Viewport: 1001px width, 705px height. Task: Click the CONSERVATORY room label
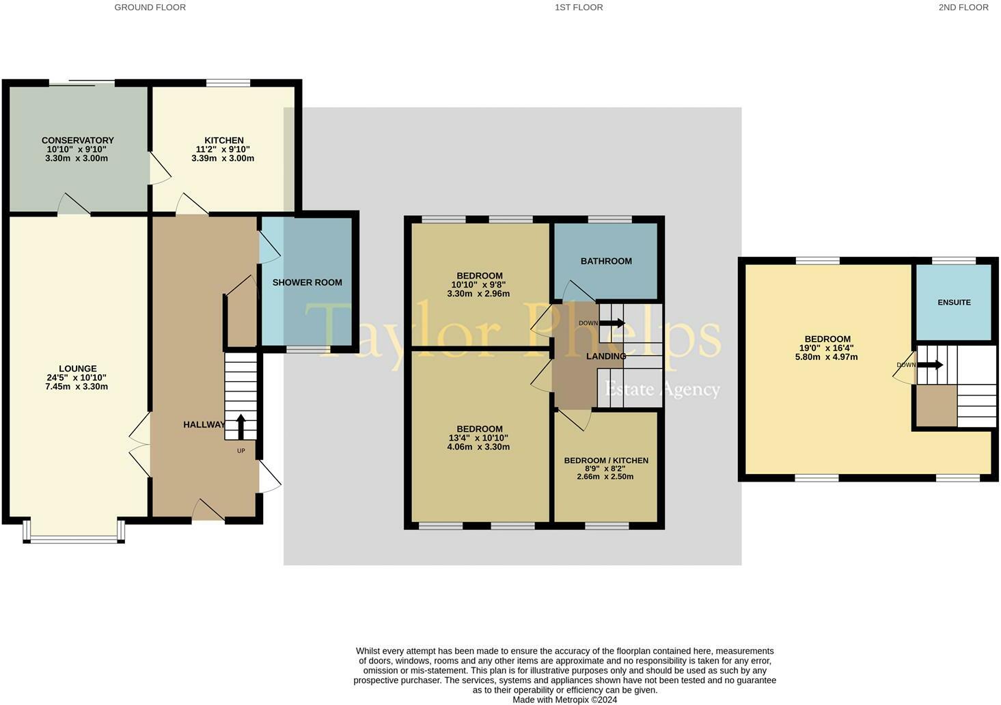tap(77, 141)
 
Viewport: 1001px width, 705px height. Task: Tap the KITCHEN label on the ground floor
tap(223, 141)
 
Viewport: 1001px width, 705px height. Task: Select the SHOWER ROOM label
tap(307, 282)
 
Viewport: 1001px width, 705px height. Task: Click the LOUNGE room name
tap(77, 369)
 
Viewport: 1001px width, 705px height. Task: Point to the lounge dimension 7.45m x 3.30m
tap(77, 387)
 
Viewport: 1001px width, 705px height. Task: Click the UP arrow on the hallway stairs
tap(241, 427)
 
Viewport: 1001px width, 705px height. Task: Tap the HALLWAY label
tap(204, 425)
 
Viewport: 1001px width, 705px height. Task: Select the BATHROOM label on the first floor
tap(606, 261)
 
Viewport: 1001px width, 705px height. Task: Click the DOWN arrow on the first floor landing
tap(612, 323)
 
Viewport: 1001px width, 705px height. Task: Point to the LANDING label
tap(606, 357)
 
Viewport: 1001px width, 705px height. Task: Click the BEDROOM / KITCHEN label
tap(606, 460)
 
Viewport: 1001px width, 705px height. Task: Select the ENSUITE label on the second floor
tap(954, 302)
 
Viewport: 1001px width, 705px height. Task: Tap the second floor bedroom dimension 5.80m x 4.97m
tap(827, 357)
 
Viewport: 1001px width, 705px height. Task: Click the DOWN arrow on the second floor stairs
tap(930, 365)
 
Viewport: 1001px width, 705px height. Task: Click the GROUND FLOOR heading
tap(150, 8)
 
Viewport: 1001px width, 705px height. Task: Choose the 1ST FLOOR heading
tap(579, 8)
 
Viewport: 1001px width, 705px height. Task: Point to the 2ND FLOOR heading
tap(963, 8)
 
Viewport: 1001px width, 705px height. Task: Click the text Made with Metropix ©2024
tap(564, 700)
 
